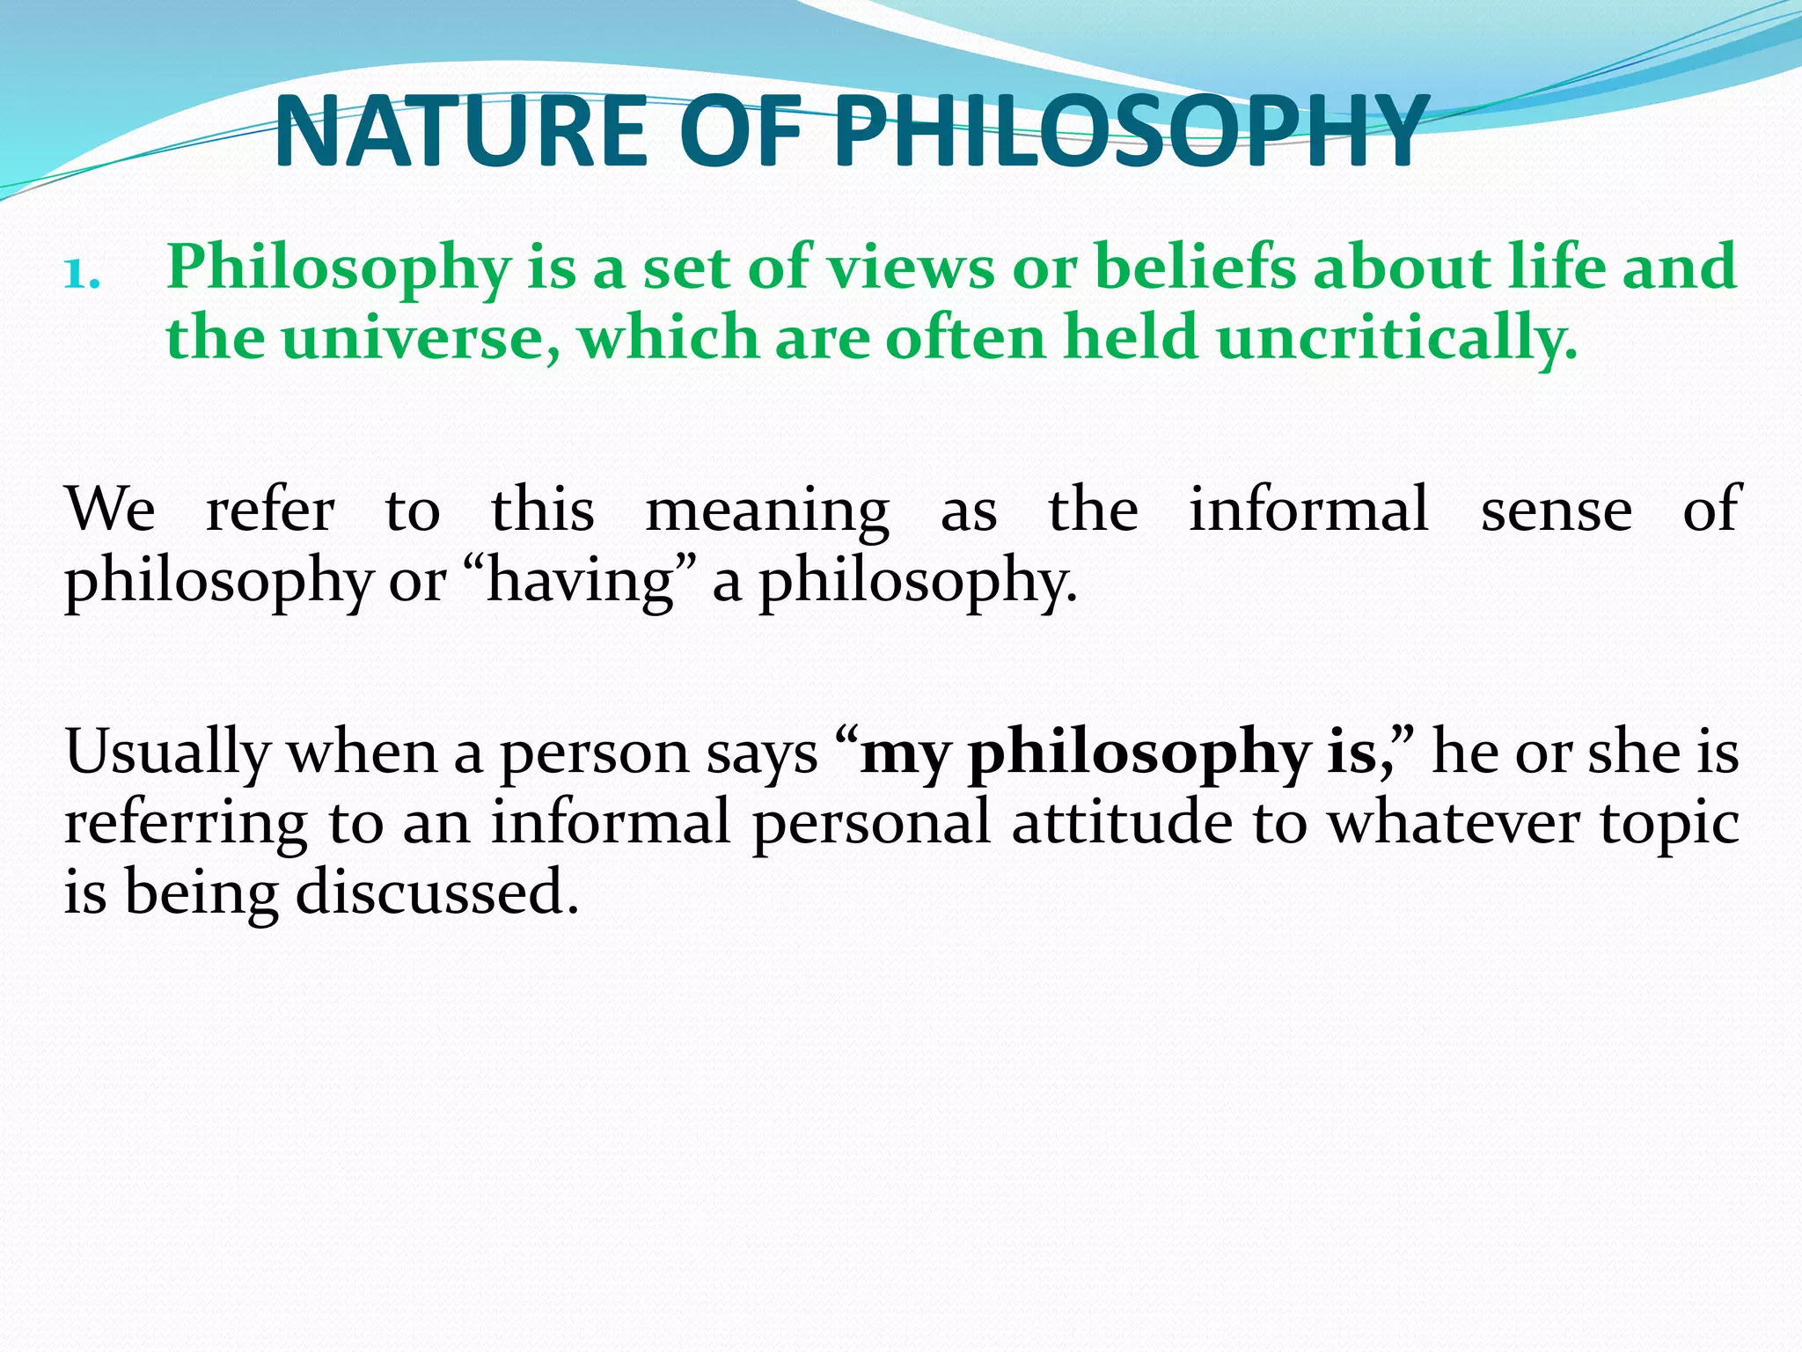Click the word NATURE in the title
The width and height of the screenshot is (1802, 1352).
coord(463,132)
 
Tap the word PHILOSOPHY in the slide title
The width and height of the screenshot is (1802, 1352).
coord(1130,132)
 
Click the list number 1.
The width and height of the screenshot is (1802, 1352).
coord(82,275)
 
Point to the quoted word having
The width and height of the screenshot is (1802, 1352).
coord(580,583)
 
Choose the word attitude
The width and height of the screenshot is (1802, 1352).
coord(1121,823)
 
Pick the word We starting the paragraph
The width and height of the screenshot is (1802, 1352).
coord(111,511)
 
